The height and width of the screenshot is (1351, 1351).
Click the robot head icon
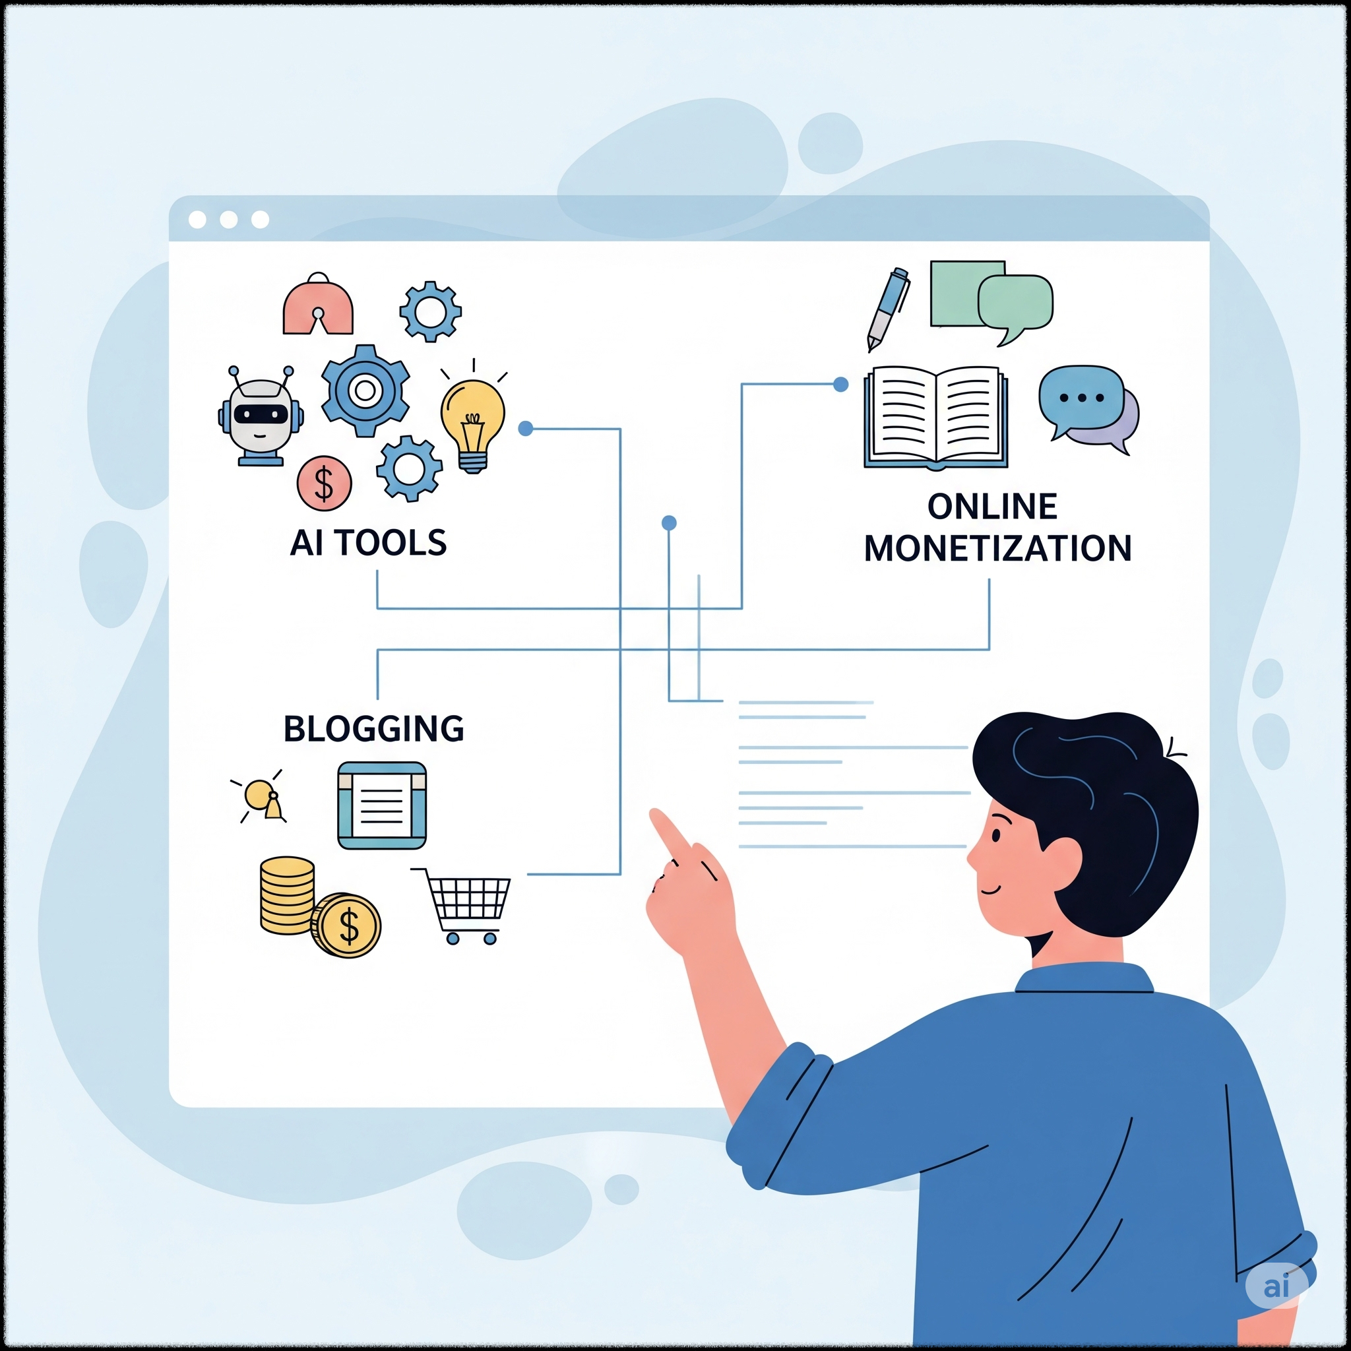click(x=260, y=414)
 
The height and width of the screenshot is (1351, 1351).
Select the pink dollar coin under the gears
click(x=324, y=483)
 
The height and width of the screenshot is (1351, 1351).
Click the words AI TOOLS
click(x=369, y=544)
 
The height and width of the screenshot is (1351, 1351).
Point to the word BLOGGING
click(x=373, y=729)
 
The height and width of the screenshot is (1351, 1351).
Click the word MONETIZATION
click(x=998, y=548)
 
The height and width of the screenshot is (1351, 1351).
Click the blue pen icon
click(x=888, y=308)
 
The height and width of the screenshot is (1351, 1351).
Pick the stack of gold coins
click(x=288, y=896)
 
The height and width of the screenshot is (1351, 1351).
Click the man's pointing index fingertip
click(x=656, y=816)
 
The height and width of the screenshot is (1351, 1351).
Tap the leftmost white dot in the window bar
click(x=197, y=220)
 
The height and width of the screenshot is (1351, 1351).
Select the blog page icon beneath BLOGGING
click(x=382, y=805)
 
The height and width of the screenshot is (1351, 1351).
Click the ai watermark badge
click(x=1277, y=1285)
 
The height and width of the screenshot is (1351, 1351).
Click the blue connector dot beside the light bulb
click(x=526, y=429)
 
